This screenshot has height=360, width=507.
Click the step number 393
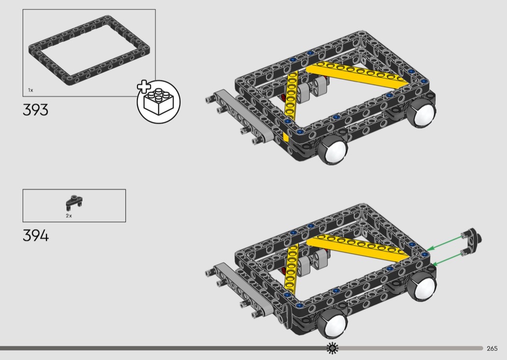click(x=36, y=110)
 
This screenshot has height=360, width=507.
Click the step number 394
click(x=36, y=235)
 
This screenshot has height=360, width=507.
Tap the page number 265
click(x=492, y=348)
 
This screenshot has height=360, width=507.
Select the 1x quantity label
click(x=31, y=90)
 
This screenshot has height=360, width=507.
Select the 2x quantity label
click(x=69, y=216)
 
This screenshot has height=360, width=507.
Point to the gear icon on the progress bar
click(x=332, y=348)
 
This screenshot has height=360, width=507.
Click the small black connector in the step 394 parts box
click(x=74, y=202)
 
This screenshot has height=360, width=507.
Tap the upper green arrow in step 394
click(x=445, y=243)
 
